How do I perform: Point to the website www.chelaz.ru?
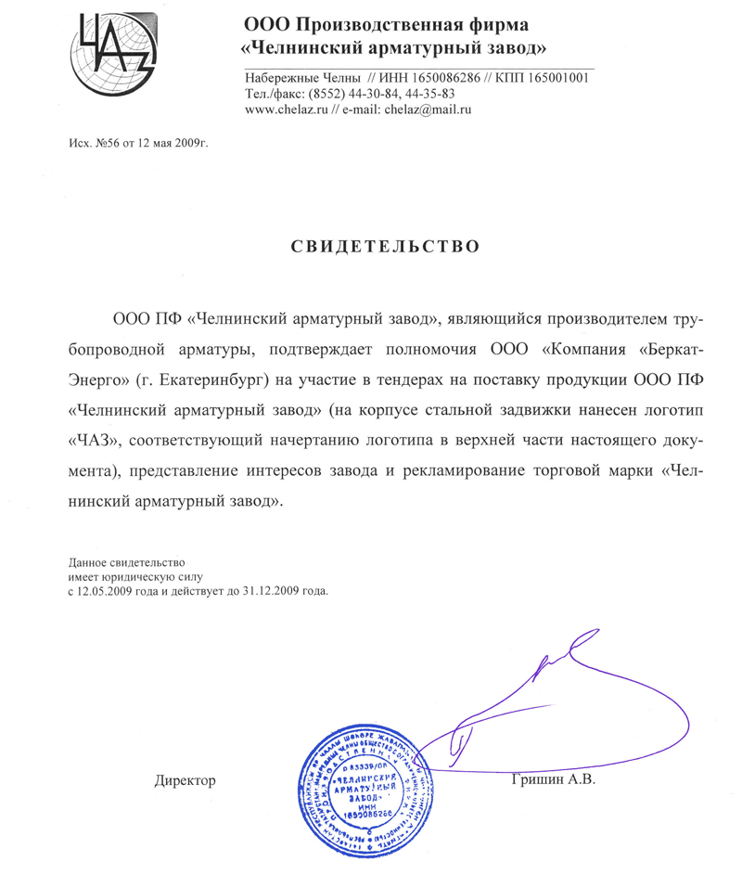279,109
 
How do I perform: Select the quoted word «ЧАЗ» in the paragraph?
95,438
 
